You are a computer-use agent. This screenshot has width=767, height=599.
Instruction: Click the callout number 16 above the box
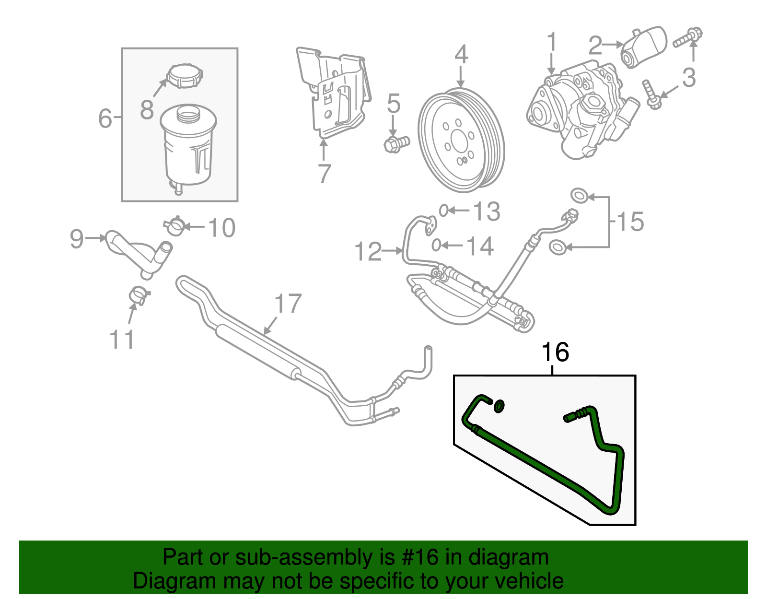(x=555, y=352)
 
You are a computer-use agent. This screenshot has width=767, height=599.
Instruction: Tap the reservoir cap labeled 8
(x=185, y=76)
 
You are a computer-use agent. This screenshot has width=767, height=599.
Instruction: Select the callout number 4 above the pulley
(x=461, y=55)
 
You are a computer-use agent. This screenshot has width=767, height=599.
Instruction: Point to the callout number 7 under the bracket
(x=325, y=174)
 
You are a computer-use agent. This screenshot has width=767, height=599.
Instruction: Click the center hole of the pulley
(x=459, y=141)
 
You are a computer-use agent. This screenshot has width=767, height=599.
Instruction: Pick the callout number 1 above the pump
(x=552, y=42)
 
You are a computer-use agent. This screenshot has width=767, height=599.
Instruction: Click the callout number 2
(x=595, y=46)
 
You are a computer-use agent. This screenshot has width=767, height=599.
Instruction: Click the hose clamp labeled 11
(x=139, y=294)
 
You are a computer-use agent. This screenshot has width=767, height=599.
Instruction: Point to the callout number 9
(x=77, y=238)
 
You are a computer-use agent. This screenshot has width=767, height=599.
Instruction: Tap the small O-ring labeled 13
(x=444, y=210)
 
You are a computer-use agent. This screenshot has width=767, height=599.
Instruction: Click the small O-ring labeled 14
(x=436, y=245)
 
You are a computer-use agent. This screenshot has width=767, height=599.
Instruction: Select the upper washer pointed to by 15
(x=579, y=195)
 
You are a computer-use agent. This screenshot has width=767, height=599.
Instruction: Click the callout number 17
(x=288, y=304)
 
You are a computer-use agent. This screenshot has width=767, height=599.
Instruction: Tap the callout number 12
(x=368, y=252)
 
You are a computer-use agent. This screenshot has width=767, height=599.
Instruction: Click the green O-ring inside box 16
(x=499, y=406)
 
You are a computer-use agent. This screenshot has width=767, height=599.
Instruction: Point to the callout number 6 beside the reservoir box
(x=105, y=118)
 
